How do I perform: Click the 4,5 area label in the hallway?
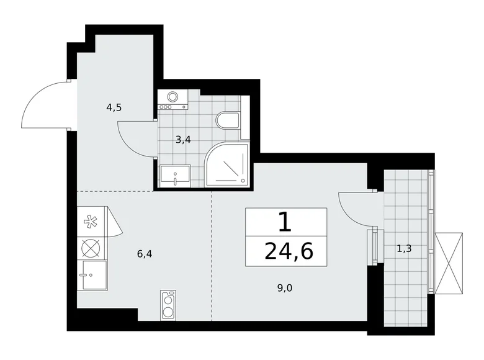point(114,107)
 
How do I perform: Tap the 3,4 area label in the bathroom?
point(182,139)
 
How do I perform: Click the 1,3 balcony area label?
point(405,249)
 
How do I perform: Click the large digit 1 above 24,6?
point(285,221)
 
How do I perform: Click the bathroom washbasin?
point(176,175)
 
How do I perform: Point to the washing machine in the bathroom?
point(173,99)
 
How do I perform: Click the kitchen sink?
point(91,273)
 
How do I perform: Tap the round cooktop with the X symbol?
point(91,248)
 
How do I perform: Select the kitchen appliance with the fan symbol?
point(91,221)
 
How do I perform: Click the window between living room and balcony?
point(373,246)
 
